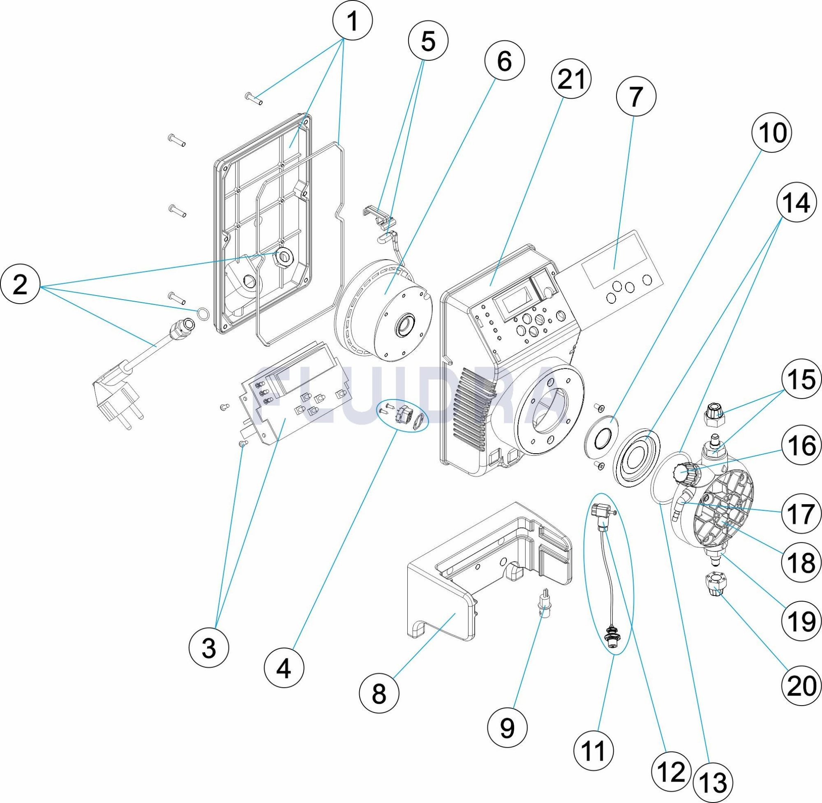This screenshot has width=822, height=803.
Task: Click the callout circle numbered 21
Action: (x=571, y=78)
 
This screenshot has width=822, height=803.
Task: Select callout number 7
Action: (x=635, y=96)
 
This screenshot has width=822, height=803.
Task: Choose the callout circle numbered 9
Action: (x=507, y=727)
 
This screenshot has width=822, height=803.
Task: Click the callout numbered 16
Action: (x=801, y=446)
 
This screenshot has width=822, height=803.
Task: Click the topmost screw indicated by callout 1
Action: (x=254, y=98)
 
